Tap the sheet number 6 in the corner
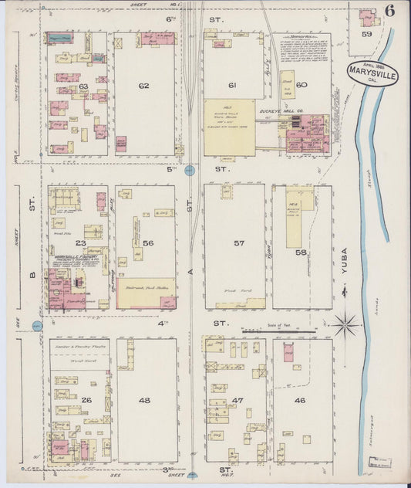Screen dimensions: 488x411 pyautogui.click(x=390, y=11)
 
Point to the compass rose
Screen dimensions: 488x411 pyautogui.click(x=345, y=324)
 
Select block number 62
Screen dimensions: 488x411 pyautogui.click(x=143, y=86)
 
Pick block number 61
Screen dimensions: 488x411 pyautogui.click(x=231, y=85)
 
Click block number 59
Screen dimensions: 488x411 pyautogui.click(x=367, y=34)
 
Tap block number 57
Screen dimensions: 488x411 pyautogui.click(x=239, y=243)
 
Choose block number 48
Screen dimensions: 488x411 pyautogui.click(x=144, y=400)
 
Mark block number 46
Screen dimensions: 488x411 pyautogui.click(x=300, y=401)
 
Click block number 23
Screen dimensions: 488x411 pyautogui.click(x=80, y=242)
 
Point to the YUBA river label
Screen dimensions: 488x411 pyautogui.click(x=345, y=263)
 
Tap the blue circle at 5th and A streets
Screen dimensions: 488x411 pyautogui.click(x=190, y=169)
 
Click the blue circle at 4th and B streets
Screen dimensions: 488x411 pyautogui.click(x=36, y=325)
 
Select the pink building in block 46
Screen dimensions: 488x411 pyautogui.click(x=288, y=354)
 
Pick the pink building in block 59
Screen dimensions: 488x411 pyautogui.click(x=367, y=16)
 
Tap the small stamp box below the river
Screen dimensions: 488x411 pyautogui.click(x=379, y=463)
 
